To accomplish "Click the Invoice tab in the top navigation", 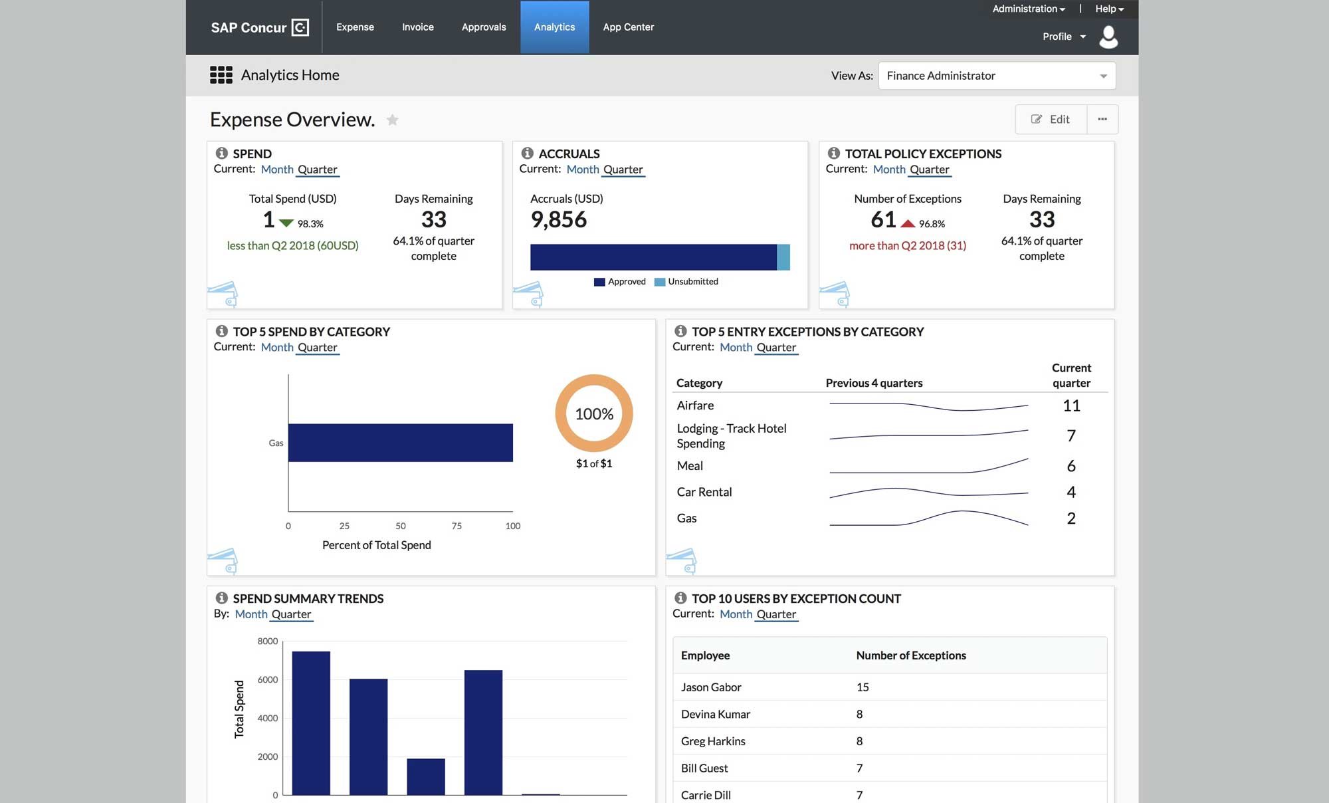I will tap(417, 27).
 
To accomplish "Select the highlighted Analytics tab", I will tap(554, 27).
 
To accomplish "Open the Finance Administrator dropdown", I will tap(996, 76).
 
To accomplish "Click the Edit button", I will tap(1051, 120).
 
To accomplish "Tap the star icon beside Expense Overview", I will tap(393, 120).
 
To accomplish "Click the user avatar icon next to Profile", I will tap(1108, 37).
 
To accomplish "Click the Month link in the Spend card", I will tap(277, 170).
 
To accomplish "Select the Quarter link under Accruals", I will tap(623, 170).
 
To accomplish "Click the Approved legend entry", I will tap(619, 282).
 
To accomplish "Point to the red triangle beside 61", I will tap(908, 223).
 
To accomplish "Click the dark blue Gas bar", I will tap(400, 443).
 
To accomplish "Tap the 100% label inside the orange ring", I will tap(594, 414).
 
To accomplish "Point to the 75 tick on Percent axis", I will tap(457, 526).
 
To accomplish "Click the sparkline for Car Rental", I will tap(928, 493).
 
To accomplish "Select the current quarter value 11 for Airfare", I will tap(1071, 405).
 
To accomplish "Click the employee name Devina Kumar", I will tap(715, 714).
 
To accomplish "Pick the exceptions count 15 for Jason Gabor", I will tap(863, 687).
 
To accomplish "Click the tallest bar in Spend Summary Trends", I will tap(311, 723).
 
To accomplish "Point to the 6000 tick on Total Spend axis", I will tap(268, 679).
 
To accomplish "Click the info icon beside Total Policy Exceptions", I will tap(833, 154).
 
